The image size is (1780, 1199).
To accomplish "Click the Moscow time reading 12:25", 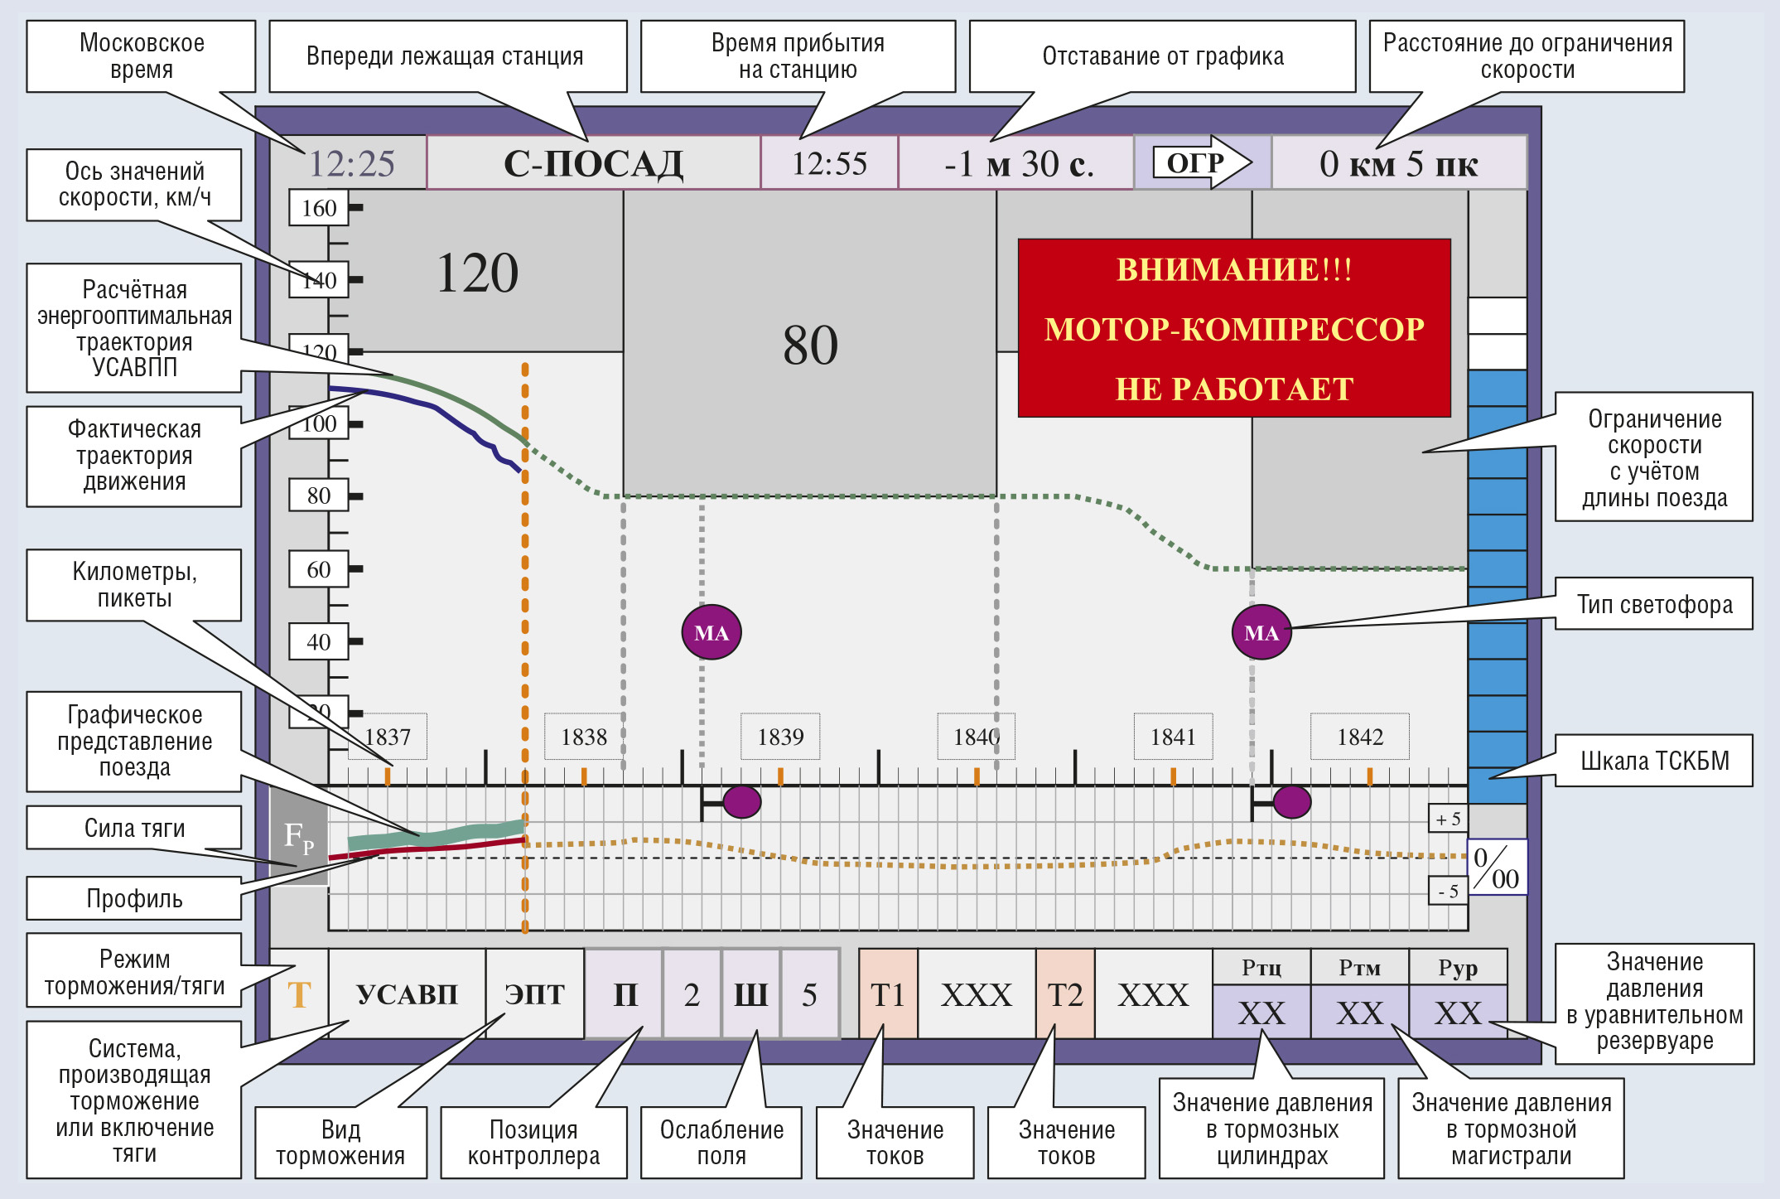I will (351, 164).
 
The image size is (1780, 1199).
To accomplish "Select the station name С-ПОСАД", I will (593, 164).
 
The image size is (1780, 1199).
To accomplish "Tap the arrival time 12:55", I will (829, 164).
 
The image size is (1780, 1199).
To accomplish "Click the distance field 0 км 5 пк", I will (1398, 164).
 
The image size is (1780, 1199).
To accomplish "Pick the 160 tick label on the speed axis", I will (318, 208).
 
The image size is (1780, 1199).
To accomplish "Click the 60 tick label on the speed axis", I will (318, 569).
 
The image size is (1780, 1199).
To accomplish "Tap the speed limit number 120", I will (477, 273).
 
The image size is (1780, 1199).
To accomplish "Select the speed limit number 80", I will (810, 345).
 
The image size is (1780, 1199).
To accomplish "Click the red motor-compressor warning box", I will (1234, 328).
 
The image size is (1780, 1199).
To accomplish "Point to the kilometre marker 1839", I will (780, 737).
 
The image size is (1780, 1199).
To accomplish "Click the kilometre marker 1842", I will (1359, 737).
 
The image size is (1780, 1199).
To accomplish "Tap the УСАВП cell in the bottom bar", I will (407, 994).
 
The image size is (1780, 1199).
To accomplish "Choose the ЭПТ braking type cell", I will (535, 994).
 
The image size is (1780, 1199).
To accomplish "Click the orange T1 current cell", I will (888, 994).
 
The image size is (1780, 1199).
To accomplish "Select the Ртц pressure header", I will (1261, 967).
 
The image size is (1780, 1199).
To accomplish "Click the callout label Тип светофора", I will (1654, 604).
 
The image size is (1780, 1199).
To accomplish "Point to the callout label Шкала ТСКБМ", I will (1654, 761).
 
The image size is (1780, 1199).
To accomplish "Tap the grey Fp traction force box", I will (299, 836).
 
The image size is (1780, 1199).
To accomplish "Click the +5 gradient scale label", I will (1448, 819).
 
